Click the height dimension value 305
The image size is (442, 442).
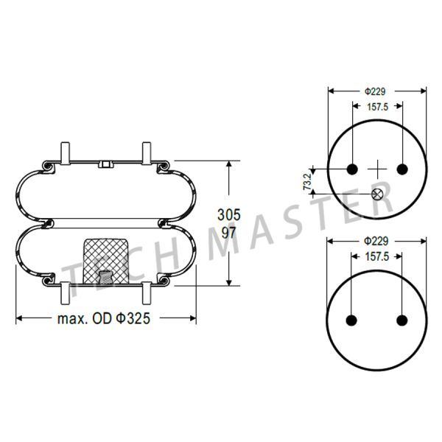[x=229, y=215]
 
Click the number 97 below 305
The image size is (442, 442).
[x=228, y=233]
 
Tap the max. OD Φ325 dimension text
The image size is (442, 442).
[x=104, y=319]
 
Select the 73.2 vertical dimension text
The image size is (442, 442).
[x=307, y=181]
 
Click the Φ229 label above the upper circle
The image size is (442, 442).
[x=375, y=91]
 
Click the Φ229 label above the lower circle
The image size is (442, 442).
[x=376, y=242]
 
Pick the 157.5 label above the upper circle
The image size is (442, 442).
[x=378, y=107]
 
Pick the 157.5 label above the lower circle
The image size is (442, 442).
[x=377, y=256]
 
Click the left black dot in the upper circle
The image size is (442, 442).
[x=352, y=169]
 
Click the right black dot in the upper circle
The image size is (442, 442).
[x=402, y=169]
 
